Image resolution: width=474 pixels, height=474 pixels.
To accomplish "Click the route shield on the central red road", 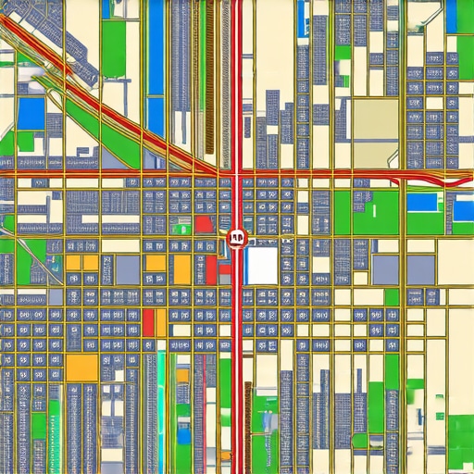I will (234, 239).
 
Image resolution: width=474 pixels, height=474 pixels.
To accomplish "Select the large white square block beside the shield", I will (262, 264).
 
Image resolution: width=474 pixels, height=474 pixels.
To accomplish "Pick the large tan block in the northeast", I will (375, 120).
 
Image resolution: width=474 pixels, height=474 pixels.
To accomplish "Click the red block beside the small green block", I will (203, 225).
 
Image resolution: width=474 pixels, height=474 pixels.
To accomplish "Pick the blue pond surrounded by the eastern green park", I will (423, 201).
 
